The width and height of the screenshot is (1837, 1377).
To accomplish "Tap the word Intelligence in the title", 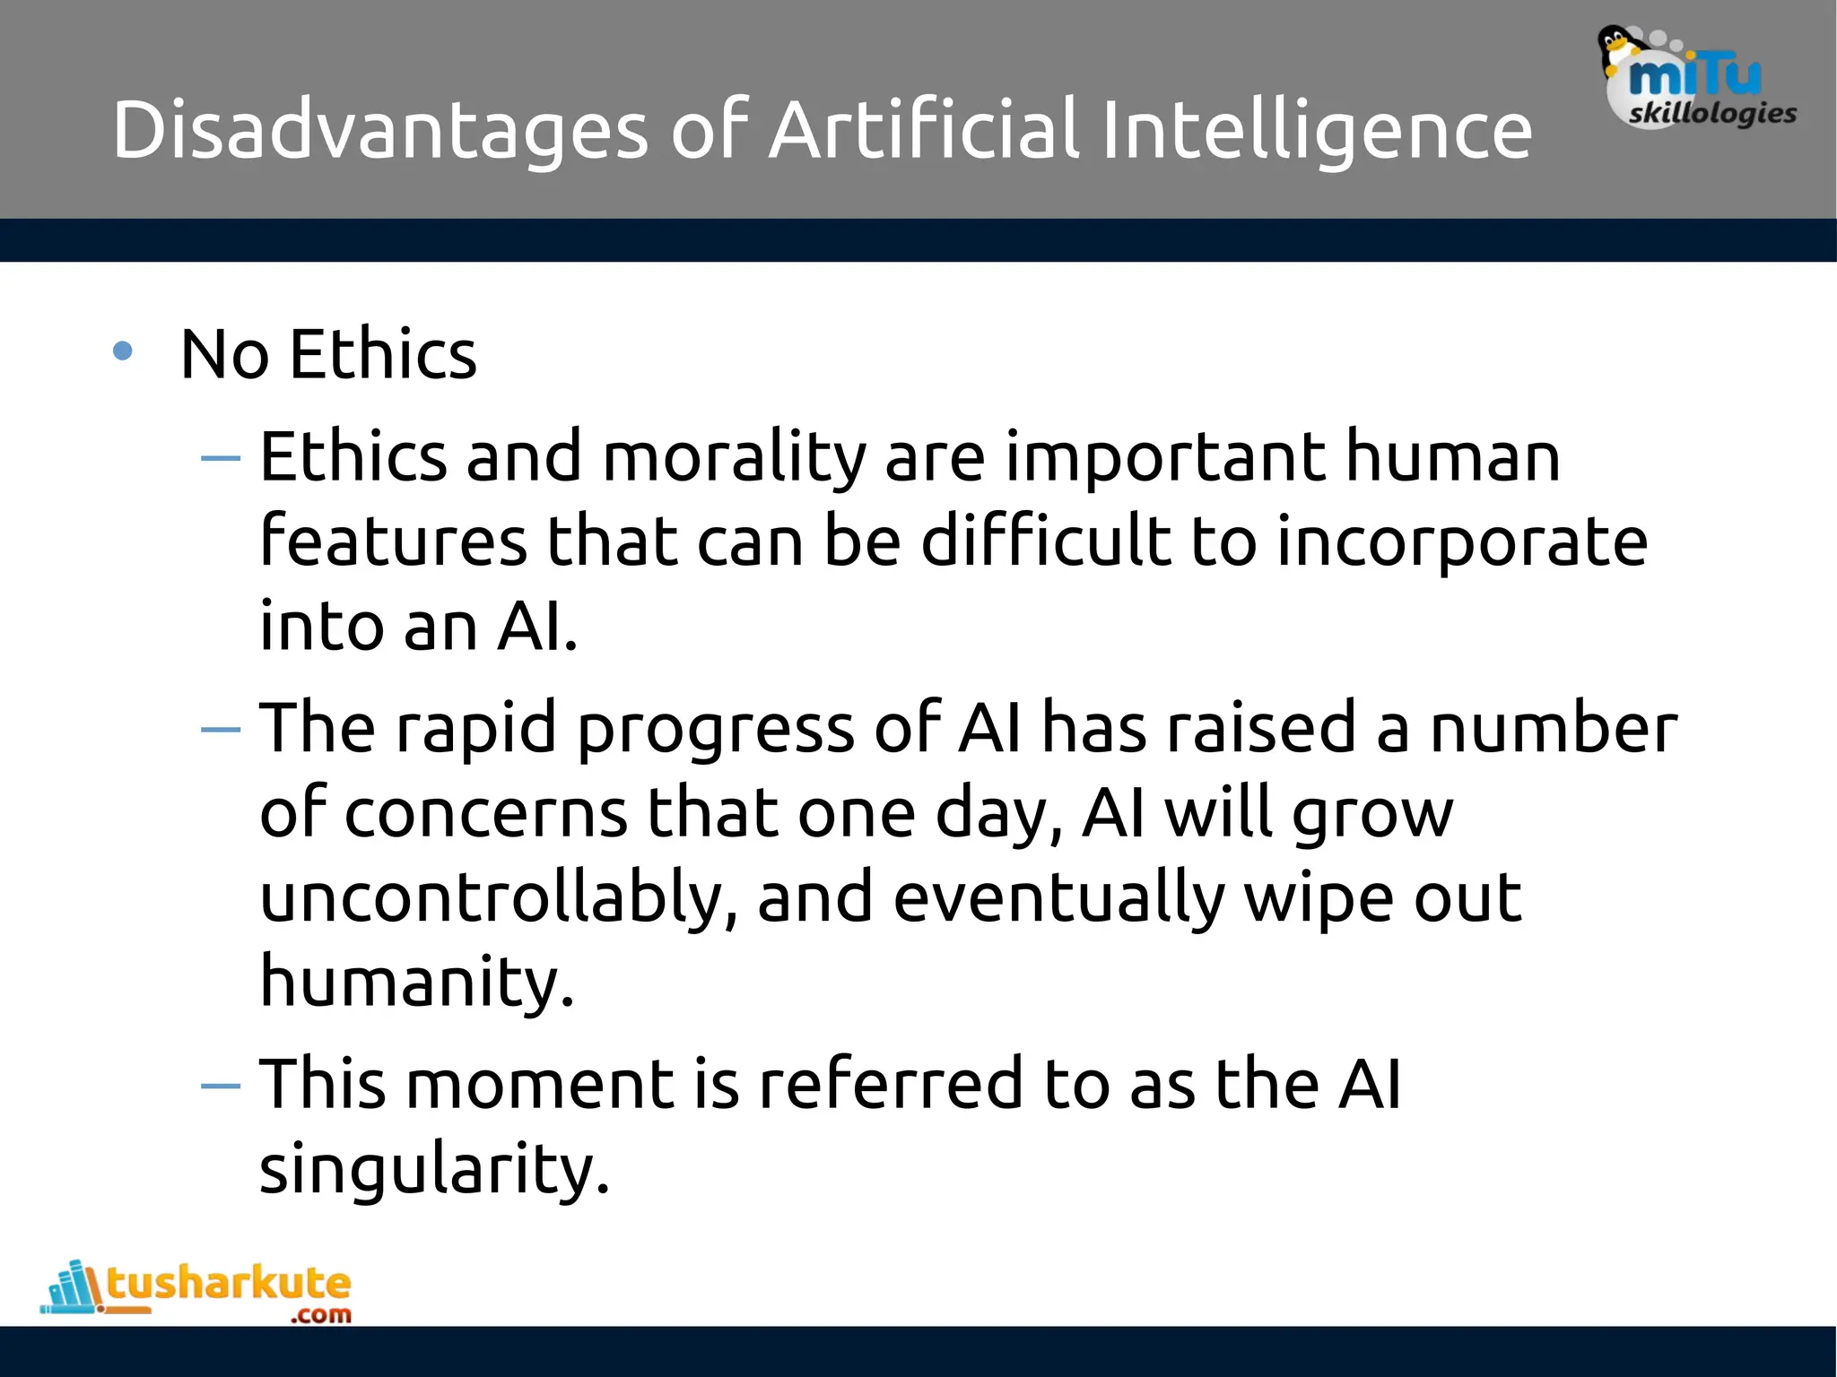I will click(1317, 130).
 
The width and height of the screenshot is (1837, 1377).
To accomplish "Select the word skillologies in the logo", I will click(1711, 114).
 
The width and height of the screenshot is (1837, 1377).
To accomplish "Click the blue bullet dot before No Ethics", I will click(123, 351).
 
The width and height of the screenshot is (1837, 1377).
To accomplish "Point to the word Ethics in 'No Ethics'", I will click(383, 354).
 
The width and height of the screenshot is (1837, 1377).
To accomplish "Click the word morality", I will click(734, 457).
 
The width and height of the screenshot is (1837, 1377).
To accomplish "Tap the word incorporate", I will click(1462, 542).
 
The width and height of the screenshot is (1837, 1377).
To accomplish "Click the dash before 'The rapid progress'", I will click(221, 730).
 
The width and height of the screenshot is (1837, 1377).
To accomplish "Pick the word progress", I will click(715, 730).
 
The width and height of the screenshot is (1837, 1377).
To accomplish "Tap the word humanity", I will click(416, 982).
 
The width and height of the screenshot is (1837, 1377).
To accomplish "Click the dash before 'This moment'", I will click(221, 1087).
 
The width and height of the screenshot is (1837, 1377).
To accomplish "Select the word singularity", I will click(434, 1170).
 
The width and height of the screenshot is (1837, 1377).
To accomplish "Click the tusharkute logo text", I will click(229, 1284).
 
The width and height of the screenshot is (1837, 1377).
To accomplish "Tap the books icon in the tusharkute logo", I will click(73, 1288).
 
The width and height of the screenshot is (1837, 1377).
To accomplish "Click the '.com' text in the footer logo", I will click(320, 1315).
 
